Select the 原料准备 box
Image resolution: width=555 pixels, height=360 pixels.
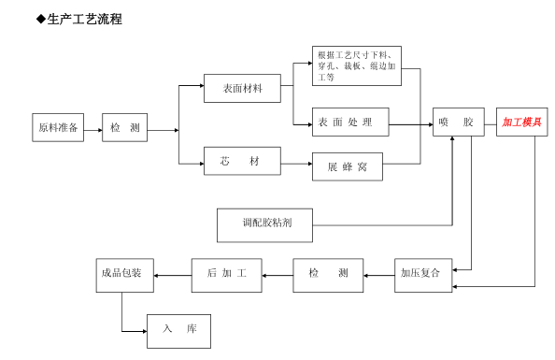57,128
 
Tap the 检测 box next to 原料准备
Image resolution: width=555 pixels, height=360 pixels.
125,128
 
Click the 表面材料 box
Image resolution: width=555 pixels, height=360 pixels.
242,89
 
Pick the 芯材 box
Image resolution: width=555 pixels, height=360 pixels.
242,162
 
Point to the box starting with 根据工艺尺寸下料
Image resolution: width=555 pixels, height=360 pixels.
357,65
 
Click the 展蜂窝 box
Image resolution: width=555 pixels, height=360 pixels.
348,166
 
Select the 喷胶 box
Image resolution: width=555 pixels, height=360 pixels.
459,122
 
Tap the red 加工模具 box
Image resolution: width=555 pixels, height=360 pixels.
522,122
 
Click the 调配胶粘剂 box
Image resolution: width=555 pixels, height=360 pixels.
265,224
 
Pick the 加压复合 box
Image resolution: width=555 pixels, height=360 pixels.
420,274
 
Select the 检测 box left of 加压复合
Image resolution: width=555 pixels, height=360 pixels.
329,274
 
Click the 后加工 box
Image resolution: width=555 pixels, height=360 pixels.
227,274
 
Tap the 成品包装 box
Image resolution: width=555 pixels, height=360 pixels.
125,274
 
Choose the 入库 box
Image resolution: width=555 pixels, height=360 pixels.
178,330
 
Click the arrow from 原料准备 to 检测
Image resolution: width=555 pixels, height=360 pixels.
92,129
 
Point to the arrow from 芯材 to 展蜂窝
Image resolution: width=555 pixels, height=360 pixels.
296,165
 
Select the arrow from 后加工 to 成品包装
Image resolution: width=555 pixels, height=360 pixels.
173,275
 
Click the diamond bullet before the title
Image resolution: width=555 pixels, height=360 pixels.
40,19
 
